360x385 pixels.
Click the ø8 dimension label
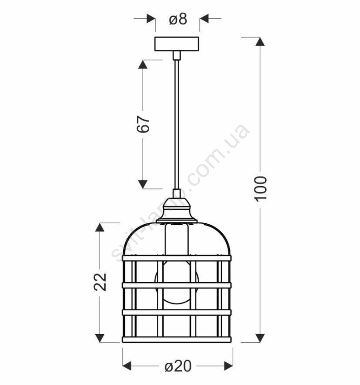pyautogui.click(x=178, y=19)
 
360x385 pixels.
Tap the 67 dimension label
pyautogui.click(x=143, y=124)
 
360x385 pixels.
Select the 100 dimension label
pyautogui.click(x=260, y=189)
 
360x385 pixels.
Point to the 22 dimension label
pyautogui.click(x=100, y=282)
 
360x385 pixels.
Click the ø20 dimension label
pyautogui.click(x=178, y=366)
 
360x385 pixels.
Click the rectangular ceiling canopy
pyautogui.click(x=176, y=44)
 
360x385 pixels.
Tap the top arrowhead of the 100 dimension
pyautogui.click(x=260, y=42)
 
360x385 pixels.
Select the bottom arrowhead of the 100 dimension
pyautogui.click(x=260, y=338)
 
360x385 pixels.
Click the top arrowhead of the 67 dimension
pyautogui.click(x=143, y=64)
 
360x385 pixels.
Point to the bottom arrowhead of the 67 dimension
pyautogui.click(x=143, y=184)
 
